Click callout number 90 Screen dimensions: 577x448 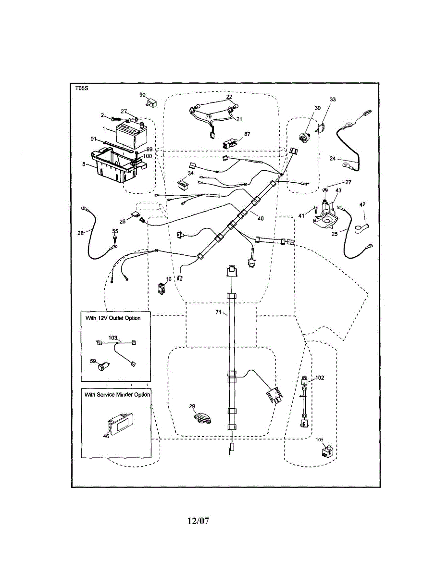(143, 95)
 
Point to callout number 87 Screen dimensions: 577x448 (247, 134)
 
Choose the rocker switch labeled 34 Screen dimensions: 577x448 (183, 184)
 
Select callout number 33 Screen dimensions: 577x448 (333, 100)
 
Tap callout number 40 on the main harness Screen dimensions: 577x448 (261, 218)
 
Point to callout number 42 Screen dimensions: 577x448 (362, 204)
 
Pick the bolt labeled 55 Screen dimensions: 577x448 (115, 238)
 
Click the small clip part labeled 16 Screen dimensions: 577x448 (162, 288)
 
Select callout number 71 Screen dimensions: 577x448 (218, 312)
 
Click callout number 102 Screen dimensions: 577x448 (320, 377)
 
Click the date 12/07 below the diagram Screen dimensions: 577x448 (198, 521)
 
